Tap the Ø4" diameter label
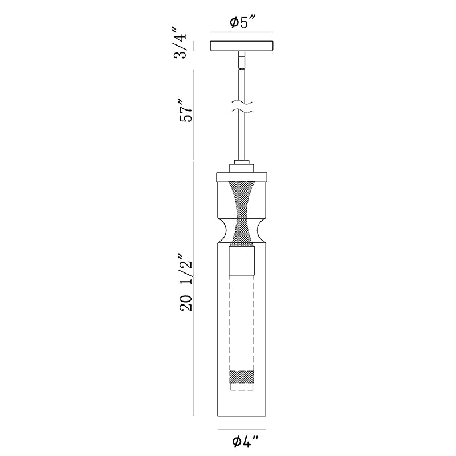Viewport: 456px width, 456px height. (x=245, y=442)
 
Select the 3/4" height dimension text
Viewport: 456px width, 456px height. (x=179, y=43)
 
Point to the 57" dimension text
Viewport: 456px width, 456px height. (x=186, y=111)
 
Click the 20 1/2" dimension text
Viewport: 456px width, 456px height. (x=186, y=283)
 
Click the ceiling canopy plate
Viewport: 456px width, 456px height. (x=242, y=46)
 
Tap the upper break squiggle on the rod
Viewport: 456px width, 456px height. (x=242, y=103)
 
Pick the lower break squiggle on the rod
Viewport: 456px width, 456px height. (x=242, y=111)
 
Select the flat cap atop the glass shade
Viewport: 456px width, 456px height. (x=242, y=177)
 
